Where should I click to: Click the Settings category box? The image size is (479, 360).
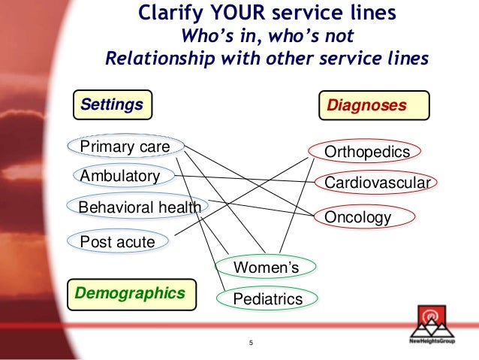click(112, 104)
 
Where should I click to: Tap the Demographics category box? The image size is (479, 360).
click(131, 292)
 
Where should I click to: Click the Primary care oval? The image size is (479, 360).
click(125, 146)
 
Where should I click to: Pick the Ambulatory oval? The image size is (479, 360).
click(120, 176)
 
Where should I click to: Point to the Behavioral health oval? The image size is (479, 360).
click(139, 206)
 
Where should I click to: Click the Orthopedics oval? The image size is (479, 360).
click(367, 153)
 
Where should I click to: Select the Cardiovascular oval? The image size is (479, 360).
click(377, 183)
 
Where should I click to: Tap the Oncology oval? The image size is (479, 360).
click(358, 217)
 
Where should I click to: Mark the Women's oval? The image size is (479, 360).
click(266, 267)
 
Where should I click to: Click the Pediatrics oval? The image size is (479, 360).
click(267, 299)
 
